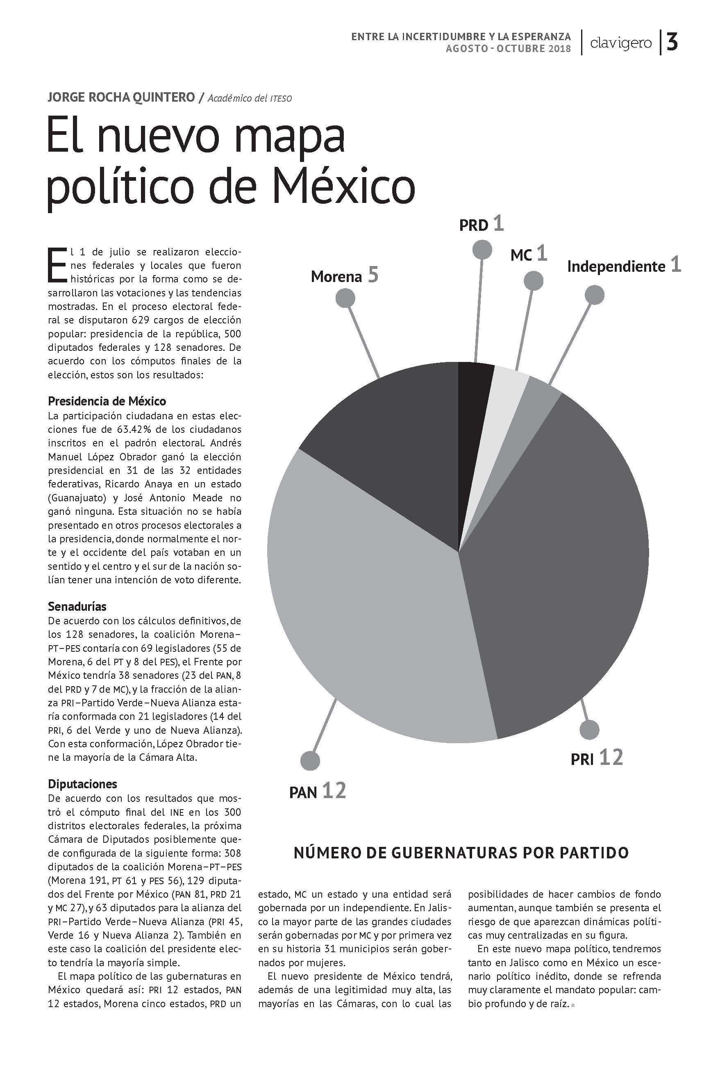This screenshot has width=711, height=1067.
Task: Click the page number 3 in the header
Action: click(x=672, y=43)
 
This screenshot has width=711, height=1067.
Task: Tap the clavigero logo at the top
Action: click(x=621, y=43)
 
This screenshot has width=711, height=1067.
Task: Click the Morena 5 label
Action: click(x=344, y=276)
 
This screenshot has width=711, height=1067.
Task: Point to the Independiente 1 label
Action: click(x=623, y=266)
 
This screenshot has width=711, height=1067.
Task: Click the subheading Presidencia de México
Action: click(x=107, y=401)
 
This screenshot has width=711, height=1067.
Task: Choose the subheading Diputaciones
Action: click(x=82, y=784)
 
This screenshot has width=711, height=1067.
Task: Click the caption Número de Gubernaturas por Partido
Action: click(x=461, y=853)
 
